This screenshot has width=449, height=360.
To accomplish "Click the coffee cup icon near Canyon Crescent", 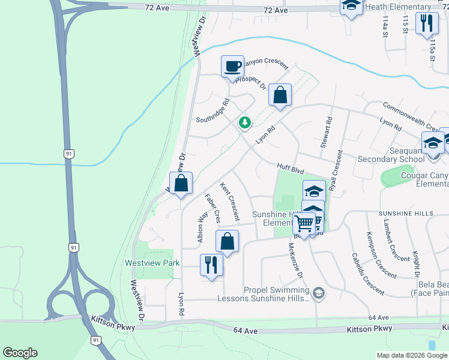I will click(x=232, y=66).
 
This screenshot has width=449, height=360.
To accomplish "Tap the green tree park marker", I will click(x=245, y=122).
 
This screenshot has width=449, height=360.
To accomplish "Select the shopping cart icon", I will click(x=304, y=223).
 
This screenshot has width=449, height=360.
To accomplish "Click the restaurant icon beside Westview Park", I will click(x=211, y=264).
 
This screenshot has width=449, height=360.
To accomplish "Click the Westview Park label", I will click(x=152, y=263).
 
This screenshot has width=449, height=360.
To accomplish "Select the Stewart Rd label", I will click(x=325, y=133).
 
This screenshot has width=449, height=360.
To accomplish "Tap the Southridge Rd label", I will click(x=214, y=110).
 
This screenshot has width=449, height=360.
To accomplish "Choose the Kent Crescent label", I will click(x=229, y=201).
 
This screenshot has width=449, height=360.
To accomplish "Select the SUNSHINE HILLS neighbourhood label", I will click(x=405, y=214).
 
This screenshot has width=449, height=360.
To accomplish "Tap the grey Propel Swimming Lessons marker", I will click(x=318, y=293).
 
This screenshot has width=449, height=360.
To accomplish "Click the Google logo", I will click(x=20, y=352).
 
